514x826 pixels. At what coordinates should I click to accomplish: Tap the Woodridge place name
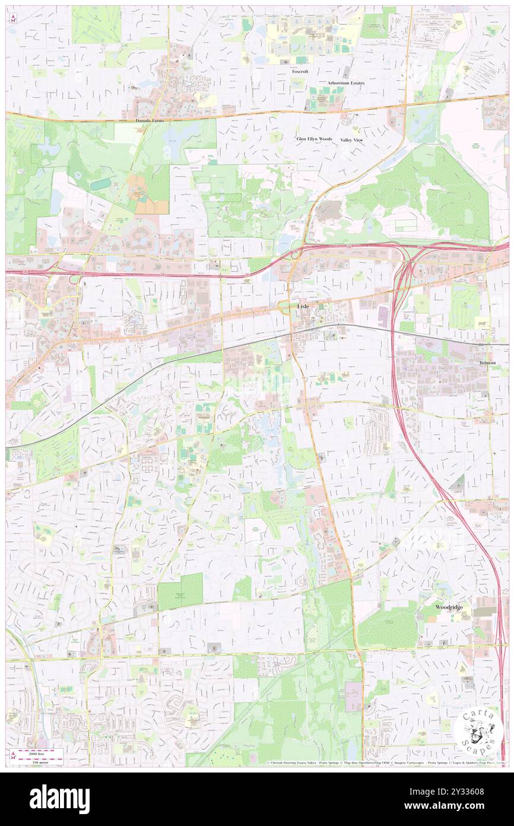pyautogui.click(x=449, y=607)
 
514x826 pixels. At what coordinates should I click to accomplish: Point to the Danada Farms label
pyautogui.click(x=148, y=120)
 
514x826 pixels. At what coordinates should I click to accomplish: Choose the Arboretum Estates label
pyautogui.click(x=347, y=83)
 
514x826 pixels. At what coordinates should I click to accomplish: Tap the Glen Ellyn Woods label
pyautogui.click(x=315, y=138)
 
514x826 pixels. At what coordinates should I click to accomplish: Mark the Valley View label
pyautogui.click(x=351, y=140)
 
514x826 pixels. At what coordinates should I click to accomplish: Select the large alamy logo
pyautogui.click(x=59, y=799)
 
